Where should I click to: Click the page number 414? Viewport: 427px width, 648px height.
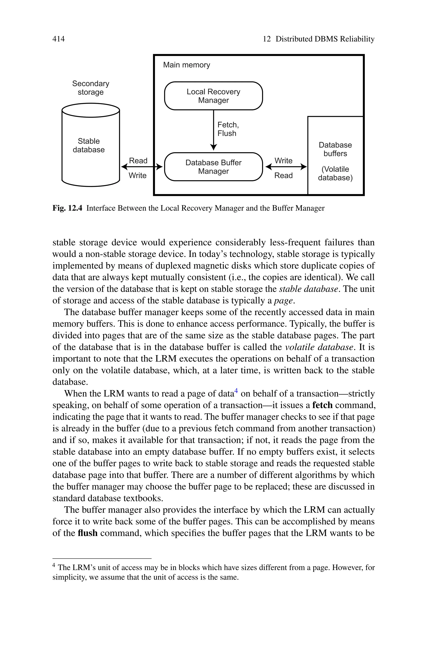[59, 39]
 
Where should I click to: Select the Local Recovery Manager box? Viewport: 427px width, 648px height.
[213, 96]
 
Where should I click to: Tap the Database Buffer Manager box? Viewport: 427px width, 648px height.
[213, 167]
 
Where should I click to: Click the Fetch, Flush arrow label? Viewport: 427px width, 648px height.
[228, 129]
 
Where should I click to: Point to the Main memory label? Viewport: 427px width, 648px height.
[187, 65]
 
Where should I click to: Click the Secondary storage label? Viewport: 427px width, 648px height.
[91, 88]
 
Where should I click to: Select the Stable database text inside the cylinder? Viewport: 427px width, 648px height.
[89, 145]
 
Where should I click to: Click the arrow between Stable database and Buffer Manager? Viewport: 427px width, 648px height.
[142, 167]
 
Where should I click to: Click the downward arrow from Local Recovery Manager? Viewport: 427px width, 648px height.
[214, 131]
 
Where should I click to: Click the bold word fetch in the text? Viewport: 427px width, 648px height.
[322, 405]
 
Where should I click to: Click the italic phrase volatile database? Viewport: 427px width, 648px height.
[319, 347]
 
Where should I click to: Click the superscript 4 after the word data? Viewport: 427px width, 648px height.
[236, 391]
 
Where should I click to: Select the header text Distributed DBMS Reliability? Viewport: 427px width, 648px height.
[325, 39]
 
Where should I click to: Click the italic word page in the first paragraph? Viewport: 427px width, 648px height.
[284, 301]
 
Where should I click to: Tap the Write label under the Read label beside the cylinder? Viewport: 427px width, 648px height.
[138, 176]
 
